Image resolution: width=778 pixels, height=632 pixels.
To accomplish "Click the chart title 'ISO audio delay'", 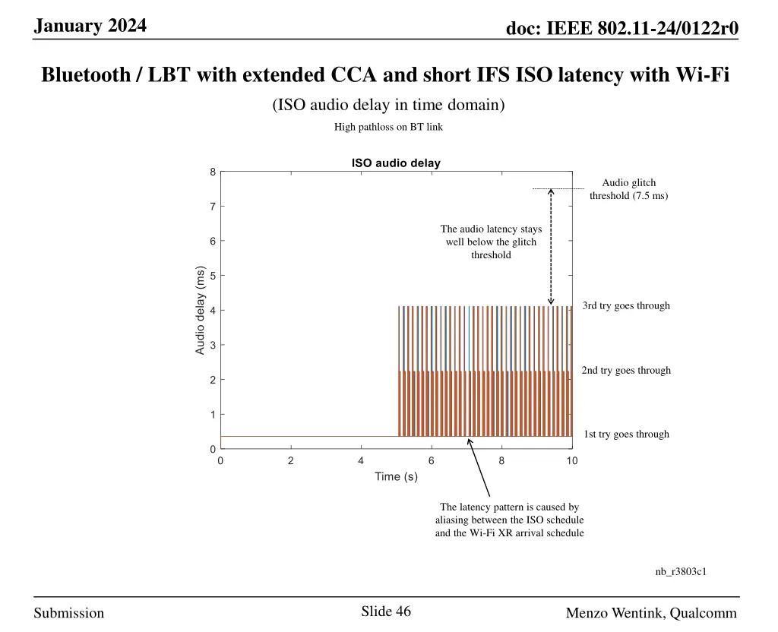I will point(395,163).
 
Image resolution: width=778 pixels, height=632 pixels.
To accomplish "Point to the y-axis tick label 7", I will point(213,207).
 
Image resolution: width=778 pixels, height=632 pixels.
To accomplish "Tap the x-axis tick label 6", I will point(431,461).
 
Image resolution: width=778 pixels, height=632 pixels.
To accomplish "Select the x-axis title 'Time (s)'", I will point(396,477).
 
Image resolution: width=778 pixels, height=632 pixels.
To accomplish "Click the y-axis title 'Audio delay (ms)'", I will point(201,310).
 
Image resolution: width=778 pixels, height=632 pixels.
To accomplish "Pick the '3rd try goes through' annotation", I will point(626,306).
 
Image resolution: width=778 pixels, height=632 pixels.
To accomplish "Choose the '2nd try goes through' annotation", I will point(626,371).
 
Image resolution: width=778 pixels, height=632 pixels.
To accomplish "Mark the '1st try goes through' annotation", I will point(626,434).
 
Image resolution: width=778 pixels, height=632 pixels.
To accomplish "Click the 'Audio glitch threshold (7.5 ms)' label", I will point(628,189).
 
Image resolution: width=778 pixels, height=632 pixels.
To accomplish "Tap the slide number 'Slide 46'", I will point(386,611).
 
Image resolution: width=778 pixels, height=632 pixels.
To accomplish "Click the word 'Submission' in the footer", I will point(69,613).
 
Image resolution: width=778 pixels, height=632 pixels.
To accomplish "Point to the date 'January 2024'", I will point(90,26).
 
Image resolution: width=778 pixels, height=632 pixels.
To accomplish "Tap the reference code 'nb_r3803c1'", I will point(681,571).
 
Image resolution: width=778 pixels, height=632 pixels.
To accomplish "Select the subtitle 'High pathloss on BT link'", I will point(388,127).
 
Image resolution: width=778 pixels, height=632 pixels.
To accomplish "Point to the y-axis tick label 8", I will point(213,172).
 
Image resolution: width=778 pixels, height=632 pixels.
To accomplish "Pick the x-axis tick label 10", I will point(571,461).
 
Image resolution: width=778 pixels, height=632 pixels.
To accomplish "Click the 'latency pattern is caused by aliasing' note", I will point(509,520).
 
